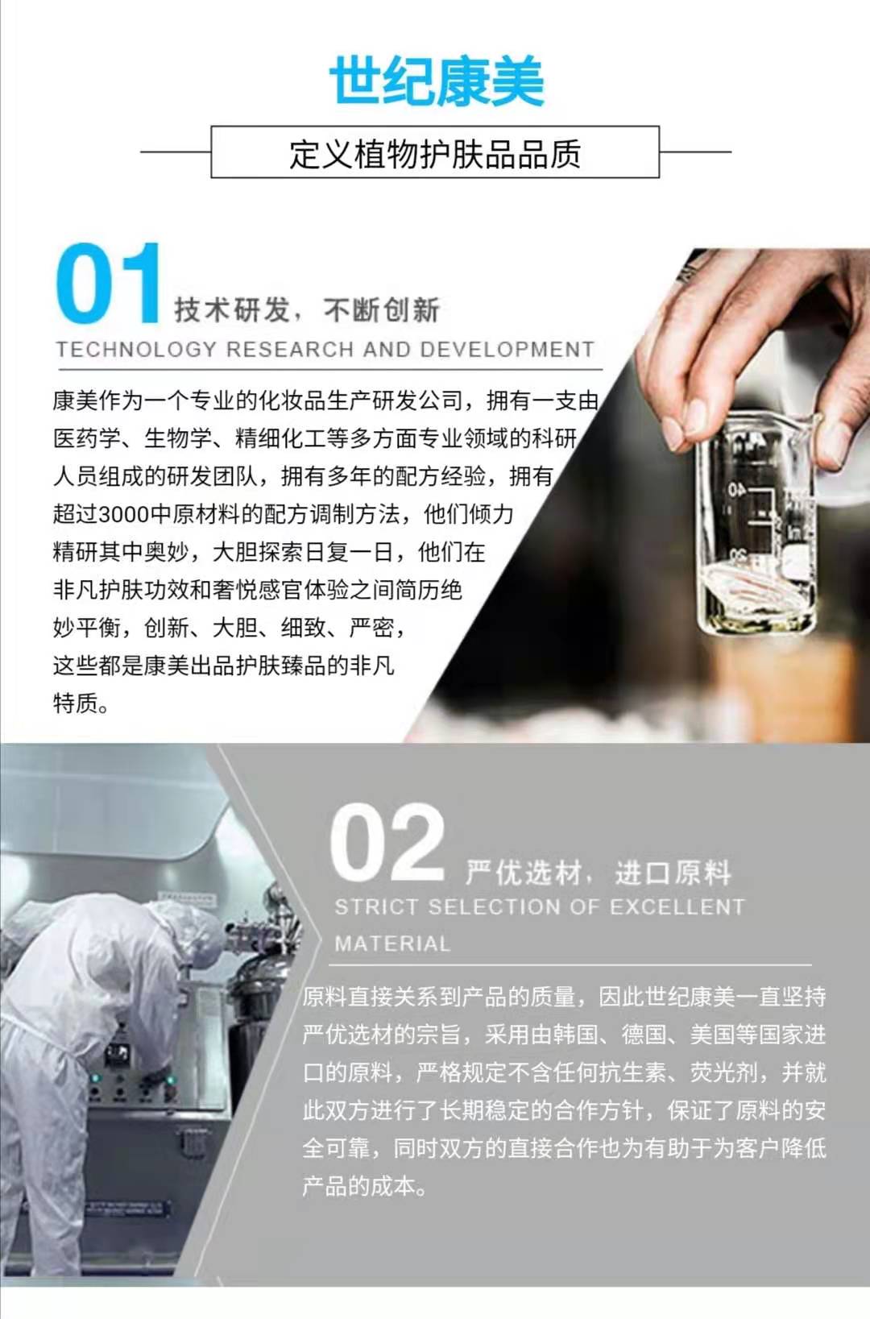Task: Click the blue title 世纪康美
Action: pos(436,81)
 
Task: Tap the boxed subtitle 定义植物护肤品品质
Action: pos(435,154)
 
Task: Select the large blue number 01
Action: pos(108,284)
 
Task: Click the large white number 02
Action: pos(387,843)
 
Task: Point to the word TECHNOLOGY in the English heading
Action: pos(137,349)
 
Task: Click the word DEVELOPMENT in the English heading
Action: pos(507,349)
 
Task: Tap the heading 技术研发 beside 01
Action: pos(232,310)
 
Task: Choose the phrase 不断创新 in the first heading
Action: pos(382,310)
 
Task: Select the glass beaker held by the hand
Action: pos(756,524)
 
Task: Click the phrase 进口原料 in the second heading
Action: pos(673,873)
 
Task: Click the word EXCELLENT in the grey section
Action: pos(677,906)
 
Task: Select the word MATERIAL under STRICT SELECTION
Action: pos(392,944)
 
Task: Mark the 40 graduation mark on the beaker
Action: pos(736,490)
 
